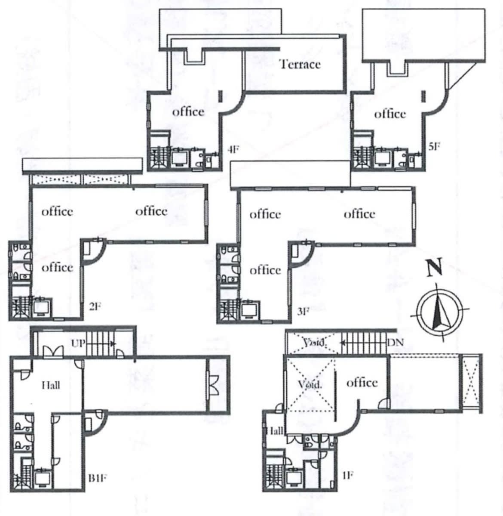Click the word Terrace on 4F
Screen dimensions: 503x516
(x=300, y=64)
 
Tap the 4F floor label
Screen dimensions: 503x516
(x=233, y=150)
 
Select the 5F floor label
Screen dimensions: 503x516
(x=434, y=146)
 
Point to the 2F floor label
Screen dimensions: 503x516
(x=95, y=307)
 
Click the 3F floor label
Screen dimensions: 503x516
(x=303, y=311)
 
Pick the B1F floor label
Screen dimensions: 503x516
(x=98, y=478)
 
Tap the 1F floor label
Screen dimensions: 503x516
(x=347, y=475)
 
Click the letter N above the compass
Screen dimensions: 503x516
(x=434, y=268)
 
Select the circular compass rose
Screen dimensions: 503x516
(x=439, y=311)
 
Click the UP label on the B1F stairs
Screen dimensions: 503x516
(x=78, y=343)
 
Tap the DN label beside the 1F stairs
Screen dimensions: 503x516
(x=395, y=342)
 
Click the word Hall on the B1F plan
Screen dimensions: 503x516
(x=51, y=385)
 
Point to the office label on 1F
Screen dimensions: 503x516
(x=362, y=383)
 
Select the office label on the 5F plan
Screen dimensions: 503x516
(x=390, y=114)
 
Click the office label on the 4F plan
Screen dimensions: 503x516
(x=188, y=112)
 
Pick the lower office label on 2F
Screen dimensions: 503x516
(x=57, y=267)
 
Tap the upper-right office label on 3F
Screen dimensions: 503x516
(x=359, y=214)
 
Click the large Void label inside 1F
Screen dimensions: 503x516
(x=310, y=384)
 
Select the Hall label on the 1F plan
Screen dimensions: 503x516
(x=275, y=430)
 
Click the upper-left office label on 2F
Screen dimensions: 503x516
(x=57, y=211)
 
